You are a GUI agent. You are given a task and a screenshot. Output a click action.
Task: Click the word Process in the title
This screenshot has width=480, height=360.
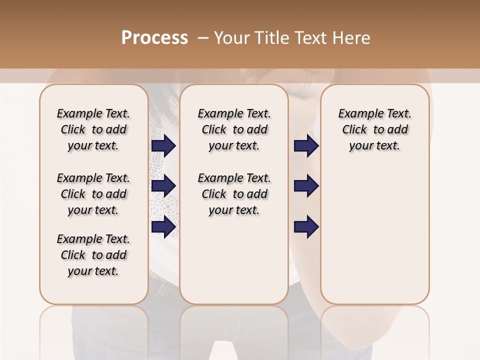point(154,38)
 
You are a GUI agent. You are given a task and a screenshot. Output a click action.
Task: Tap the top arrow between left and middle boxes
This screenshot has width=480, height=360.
point(163,145)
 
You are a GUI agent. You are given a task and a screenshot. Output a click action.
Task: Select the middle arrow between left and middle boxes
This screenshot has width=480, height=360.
point(163,186)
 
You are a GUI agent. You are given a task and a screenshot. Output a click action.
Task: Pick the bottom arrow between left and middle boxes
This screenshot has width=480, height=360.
point(163,227)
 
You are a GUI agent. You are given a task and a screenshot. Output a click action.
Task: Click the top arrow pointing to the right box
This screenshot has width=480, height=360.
point(306,145)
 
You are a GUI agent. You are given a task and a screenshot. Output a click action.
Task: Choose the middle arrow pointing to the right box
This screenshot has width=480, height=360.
point(306,186)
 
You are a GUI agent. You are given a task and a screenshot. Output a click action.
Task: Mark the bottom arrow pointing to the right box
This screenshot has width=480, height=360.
point(306,227)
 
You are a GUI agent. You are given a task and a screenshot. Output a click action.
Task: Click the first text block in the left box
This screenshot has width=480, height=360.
point(93,129)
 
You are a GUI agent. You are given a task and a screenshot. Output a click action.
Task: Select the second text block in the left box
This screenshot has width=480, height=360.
point(93,194)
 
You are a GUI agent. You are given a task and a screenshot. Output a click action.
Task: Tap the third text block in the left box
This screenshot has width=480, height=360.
point(93,255)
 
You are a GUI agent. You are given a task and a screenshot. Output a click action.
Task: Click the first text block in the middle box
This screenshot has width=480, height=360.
point(234,129)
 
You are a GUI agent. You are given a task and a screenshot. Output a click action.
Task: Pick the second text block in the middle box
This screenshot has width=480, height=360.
point(234,194)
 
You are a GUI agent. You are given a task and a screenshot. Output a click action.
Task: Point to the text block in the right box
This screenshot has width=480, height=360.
point(374,129)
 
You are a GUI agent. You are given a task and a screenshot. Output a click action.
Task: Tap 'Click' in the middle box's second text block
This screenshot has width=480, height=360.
point(214,194)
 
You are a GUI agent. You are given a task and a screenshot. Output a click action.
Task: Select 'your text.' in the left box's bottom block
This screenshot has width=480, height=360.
point(93,271)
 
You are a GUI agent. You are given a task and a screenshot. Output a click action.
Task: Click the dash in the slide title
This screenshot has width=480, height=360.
point(202,38)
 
